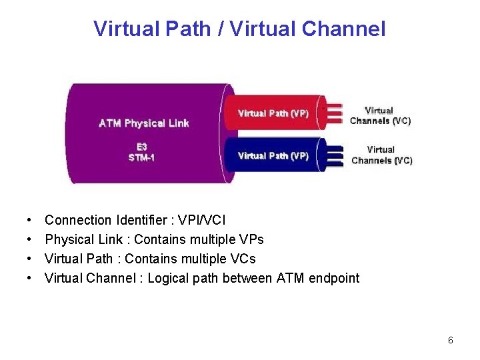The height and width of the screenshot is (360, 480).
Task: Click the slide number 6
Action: [x=451, y=341]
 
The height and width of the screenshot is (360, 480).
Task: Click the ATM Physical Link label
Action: [x=144, y=123]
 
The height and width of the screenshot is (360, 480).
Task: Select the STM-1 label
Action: [x=141, y=158]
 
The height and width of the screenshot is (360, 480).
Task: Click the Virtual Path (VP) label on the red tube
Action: [x=273, y=113]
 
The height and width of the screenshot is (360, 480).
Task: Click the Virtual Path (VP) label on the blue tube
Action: [x=273, y=155]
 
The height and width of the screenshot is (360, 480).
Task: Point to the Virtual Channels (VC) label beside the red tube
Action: [x=380, y=115]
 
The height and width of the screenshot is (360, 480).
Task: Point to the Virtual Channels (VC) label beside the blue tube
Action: [x=381, y=155]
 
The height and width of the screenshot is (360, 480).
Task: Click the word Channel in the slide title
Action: [x=343, y=29]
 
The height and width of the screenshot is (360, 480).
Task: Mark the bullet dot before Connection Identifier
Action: [x=31, y=220]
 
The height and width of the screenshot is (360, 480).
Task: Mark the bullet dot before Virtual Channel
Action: [x=31, y=278]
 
